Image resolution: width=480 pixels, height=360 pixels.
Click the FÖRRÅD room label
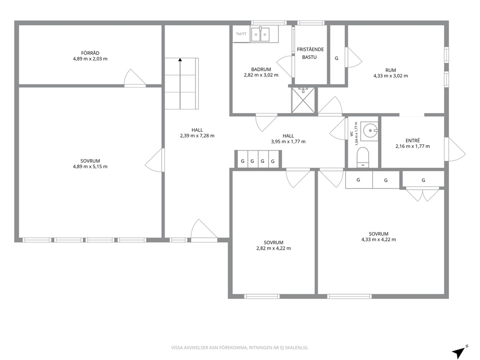[x=90, y=53]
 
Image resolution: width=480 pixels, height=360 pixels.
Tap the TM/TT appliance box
[x=241, y=34]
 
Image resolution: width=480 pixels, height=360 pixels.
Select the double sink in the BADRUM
[x=260, y=34]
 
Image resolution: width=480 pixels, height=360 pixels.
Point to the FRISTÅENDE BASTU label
[x=310, y=53]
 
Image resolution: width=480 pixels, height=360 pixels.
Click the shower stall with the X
[x=303, y=100]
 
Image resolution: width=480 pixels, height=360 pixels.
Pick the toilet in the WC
[x=363, y=157]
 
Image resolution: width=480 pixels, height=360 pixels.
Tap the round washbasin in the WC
[x=370, y=131]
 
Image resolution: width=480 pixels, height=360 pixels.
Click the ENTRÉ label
[x=413, y=140]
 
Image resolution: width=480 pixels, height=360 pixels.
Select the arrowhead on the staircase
[x=180, y=60]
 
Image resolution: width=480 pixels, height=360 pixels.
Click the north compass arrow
[x=459, y=351]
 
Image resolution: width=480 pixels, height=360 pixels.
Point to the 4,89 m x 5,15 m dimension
[x=90, y=167]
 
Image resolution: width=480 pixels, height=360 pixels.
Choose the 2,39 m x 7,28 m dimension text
[x=197, y=135]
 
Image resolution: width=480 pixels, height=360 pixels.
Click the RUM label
[x=390, y=70]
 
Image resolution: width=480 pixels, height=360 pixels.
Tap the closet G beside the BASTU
[x=337, y=58]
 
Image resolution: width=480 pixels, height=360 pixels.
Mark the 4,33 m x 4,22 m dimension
[x=378, y=240]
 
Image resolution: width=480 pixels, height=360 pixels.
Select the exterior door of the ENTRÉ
[x=455, y=149]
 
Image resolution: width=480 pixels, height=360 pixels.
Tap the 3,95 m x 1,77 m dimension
[x=288, y=142]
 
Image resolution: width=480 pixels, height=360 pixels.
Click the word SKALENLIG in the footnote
[x=298, y=348]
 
